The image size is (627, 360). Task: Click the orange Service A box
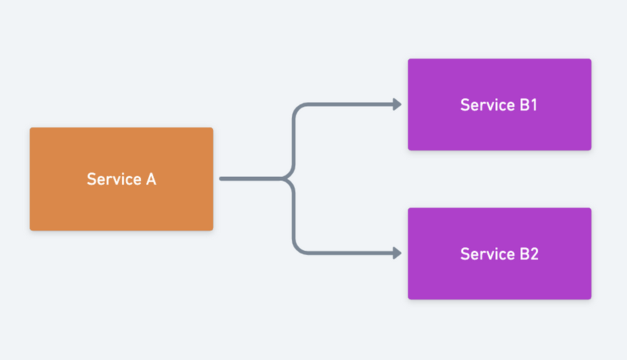pos(122,179)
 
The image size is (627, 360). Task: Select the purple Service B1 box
pos(499,104)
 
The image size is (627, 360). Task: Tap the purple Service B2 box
pos(499,253)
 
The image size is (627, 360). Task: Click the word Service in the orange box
pos(115,179)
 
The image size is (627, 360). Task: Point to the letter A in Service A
pos(151,179)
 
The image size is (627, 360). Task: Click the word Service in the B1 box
pos(487,105)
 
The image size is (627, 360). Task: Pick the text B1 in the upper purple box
pos(528,105)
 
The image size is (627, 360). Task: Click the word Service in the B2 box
pos(487,254)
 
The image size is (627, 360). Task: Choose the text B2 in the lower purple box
pos(529,254)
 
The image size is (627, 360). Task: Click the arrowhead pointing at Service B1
pos(397,104)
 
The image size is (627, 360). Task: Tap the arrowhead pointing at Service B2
pos(397,253)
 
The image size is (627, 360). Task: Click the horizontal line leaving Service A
pos(251,178)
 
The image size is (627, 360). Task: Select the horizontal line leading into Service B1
pos(351,104)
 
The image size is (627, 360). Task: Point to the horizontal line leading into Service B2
pos(351,253)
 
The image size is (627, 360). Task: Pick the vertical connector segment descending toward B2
pos(294,216)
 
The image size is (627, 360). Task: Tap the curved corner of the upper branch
pos(298,108)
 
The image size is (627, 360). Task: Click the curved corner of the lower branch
pos(298,249)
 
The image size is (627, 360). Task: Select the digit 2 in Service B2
pos(534,254)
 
